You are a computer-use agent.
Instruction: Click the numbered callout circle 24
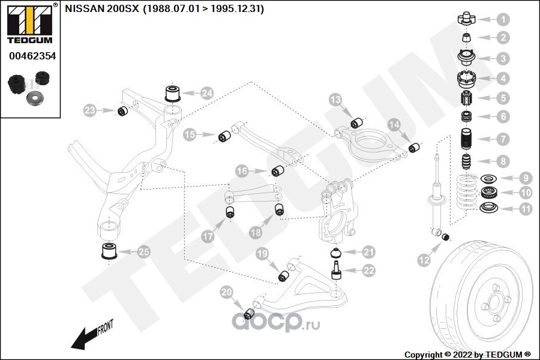(207, 93)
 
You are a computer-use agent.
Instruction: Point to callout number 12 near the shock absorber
(424, 260)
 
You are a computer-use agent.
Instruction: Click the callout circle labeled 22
(368, 271)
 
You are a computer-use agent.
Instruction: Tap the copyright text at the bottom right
(467, 354)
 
